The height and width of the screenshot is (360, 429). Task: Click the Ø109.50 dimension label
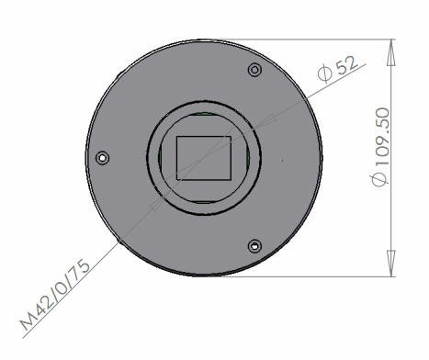tap(380, 147)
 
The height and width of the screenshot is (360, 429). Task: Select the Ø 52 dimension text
tap(338, 69)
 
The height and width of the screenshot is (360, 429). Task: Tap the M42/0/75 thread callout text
tap(55, 295)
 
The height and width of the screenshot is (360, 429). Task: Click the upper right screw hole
tap(254, 70)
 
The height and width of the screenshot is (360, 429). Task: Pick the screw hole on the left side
tap(102, 158)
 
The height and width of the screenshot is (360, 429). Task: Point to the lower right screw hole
tap(254, 246)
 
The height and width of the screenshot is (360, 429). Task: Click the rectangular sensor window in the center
tap(204, 158)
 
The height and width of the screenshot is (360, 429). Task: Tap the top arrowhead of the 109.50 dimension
tap(391, 52)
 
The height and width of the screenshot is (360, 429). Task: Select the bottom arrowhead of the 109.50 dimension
tap(391, 264)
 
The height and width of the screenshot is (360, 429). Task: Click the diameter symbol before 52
tap(324, 74)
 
